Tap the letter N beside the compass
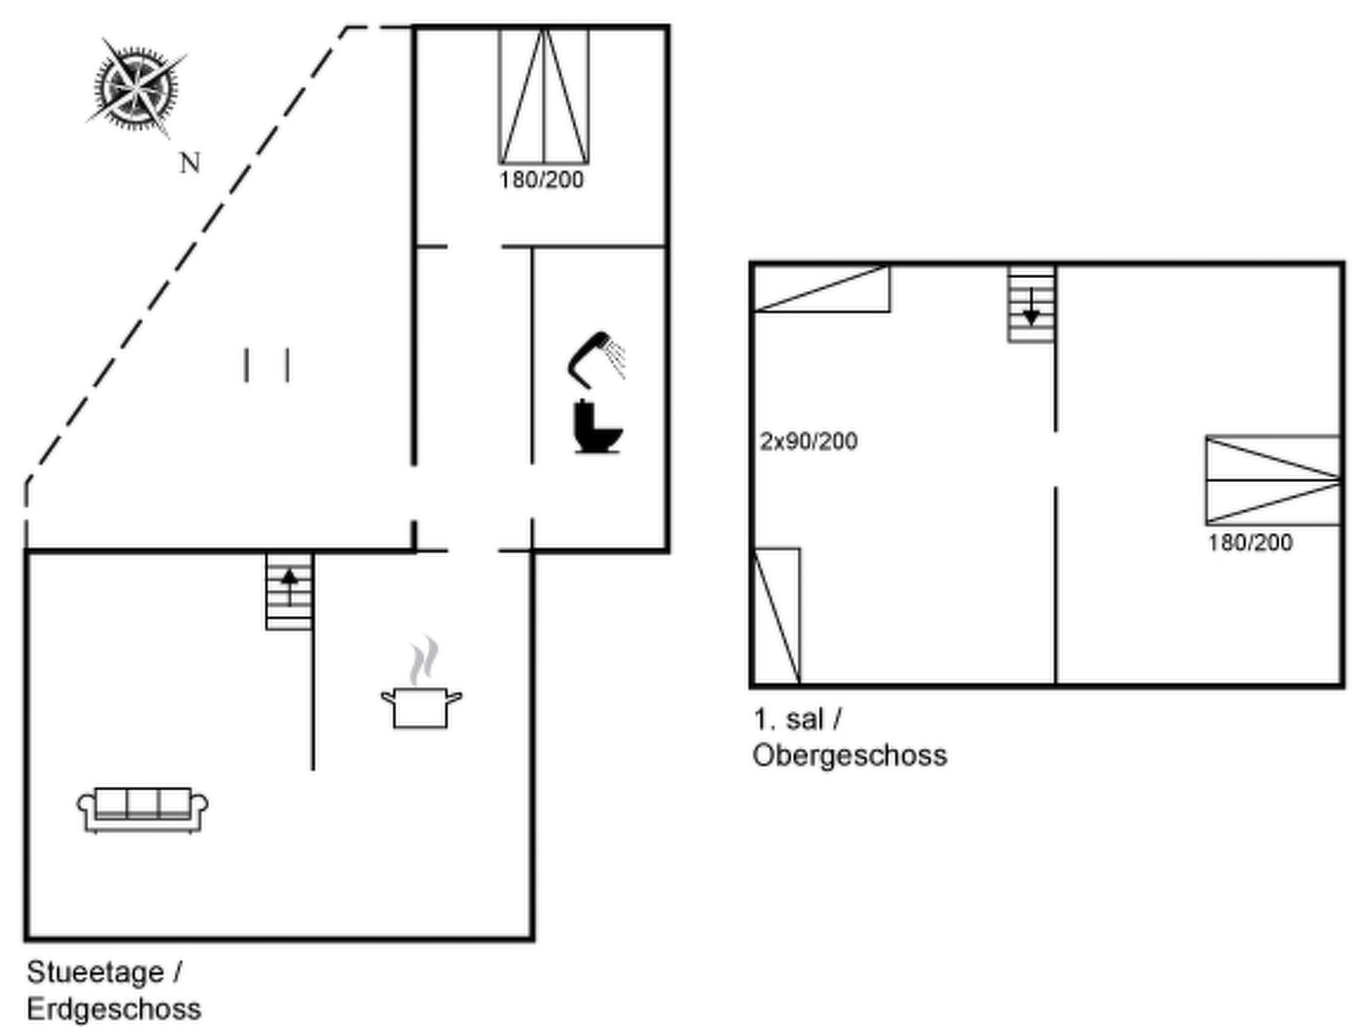(190, 163)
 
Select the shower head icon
(594, 358)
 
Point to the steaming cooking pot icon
(421, 706)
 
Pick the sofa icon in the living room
(142, 809)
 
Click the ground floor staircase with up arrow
(289, 591)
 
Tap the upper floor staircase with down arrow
(1031, 304)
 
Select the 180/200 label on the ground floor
(541, 180)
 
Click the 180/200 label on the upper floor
(1249, 542)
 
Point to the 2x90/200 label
(808, 441)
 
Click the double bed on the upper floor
(1273, 480)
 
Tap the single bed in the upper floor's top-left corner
(822, 289)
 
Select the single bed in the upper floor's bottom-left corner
(777, 616)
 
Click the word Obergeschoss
(850, 756)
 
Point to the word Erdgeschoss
(114, 1009)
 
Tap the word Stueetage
(95, 972)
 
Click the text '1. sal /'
(797, 719)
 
